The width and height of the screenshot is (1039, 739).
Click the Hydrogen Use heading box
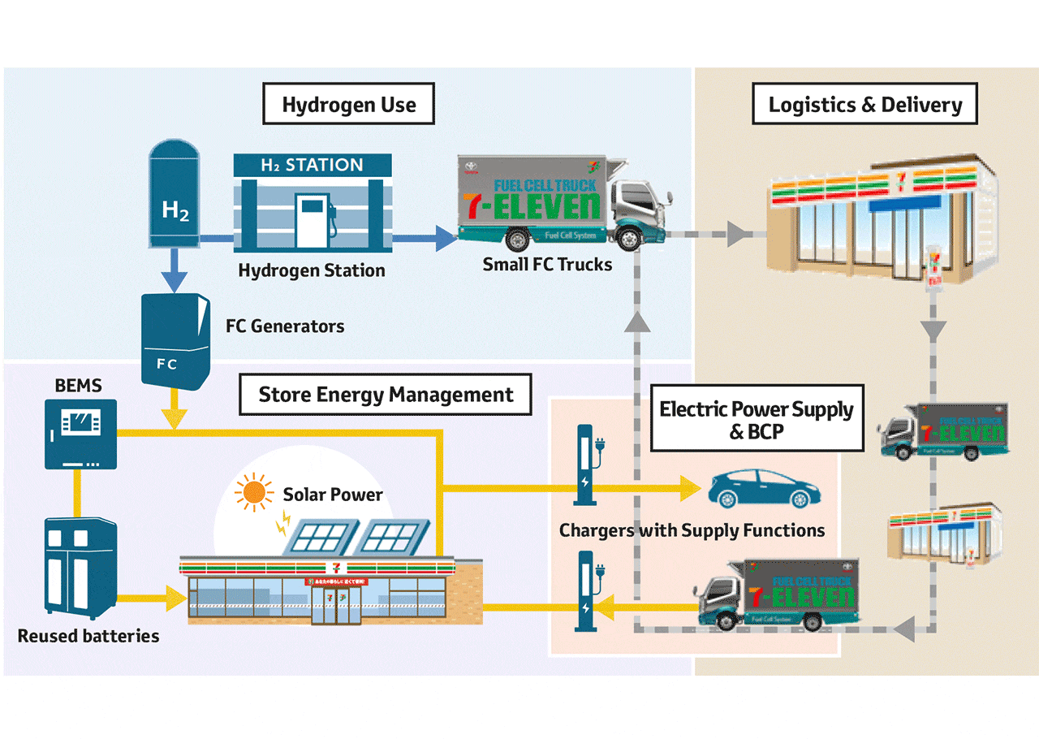(x=349, y=104)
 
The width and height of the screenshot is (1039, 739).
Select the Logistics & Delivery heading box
(x=864, y=104)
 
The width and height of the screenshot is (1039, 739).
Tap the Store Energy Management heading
(x=386, y=395)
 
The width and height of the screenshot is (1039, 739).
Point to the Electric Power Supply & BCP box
(x=757, y=420)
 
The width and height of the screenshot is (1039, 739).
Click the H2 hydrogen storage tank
(x=175, y=195)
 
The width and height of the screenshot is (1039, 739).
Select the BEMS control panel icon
(x=80, y=434)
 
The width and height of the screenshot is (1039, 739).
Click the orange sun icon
(x=253, y=492)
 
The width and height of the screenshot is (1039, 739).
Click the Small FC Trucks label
(x=547, y=264)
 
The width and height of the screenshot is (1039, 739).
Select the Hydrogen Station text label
(x=312, y=270)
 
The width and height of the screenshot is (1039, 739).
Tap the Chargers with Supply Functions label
(x=692, y=531)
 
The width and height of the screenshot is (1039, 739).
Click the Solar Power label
(x=333, y=494)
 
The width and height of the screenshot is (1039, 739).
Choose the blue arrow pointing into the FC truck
(x=442, y=239)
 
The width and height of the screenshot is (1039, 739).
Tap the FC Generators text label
(x=285, y=326)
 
